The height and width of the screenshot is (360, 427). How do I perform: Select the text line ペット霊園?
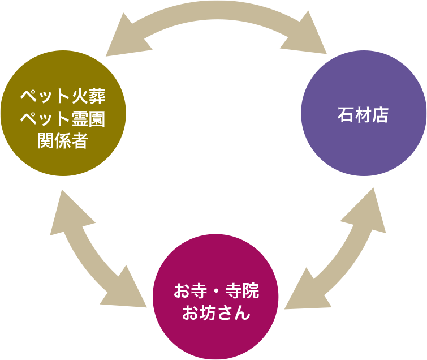(63, 118)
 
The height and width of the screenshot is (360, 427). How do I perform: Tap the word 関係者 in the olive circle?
(63, 140)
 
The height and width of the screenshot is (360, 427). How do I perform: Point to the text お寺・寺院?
(216, 292)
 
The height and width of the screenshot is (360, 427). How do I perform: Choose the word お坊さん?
(216, 313)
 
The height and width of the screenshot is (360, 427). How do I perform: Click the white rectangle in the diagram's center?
(215, 162)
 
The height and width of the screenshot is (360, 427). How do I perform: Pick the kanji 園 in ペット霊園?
(96, 118)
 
